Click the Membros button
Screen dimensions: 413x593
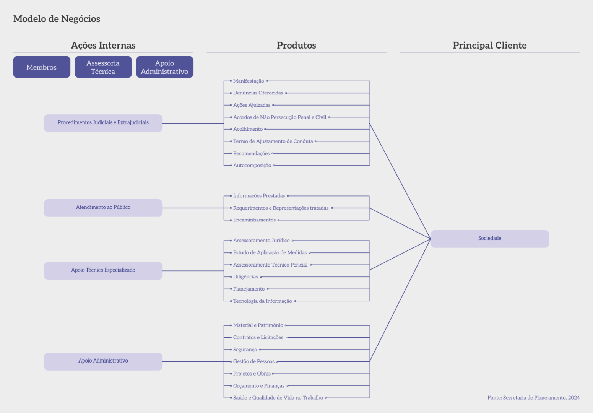[42, 67]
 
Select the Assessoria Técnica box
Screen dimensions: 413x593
[103, 67]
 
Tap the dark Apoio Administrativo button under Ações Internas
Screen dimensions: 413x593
[164, 67]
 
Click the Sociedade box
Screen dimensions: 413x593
[489, 239]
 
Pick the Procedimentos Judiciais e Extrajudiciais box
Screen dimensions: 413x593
[103, 123]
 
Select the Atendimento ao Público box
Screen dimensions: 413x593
[103, 208]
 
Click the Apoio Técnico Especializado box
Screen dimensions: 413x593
[103, 270]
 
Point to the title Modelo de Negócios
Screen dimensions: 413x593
[57, 19]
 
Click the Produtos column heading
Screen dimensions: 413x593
[296, 46]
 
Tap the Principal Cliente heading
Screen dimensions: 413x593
[489, 46]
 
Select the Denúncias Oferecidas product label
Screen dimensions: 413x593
[258, 93]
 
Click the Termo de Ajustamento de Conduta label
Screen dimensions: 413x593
[273, 141]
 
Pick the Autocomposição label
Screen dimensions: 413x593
[252, 166]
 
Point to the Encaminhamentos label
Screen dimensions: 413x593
[254, 220]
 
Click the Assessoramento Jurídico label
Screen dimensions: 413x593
[262, 241]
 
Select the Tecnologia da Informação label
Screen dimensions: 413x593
[262, 301]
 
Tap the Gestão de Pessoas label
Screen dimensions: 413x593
[254, 362]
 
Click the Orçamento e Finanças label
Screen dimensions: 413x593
[259, 386]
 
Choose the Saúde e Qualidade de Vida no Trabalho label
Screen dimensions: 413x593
[278, 398]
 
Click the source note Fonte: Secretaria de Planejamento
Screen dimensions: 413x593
[533, 398]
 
